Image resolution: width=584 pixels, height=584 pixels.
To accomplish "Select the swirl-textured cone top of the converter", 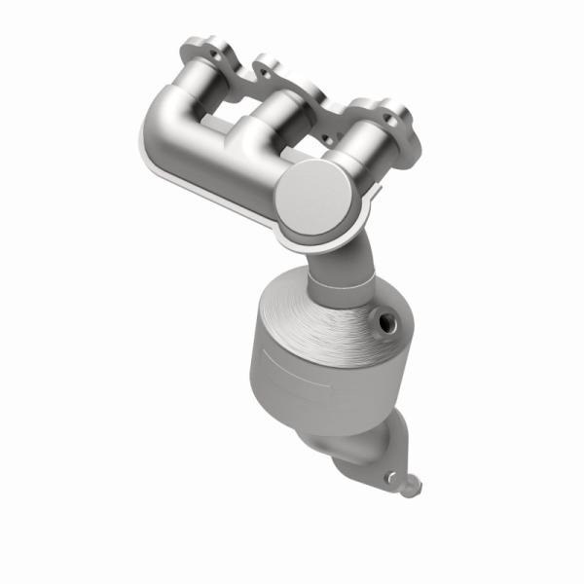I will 321,311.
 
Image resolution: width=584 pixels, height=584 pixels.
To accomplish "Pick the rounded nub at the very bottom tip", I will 414,484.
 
